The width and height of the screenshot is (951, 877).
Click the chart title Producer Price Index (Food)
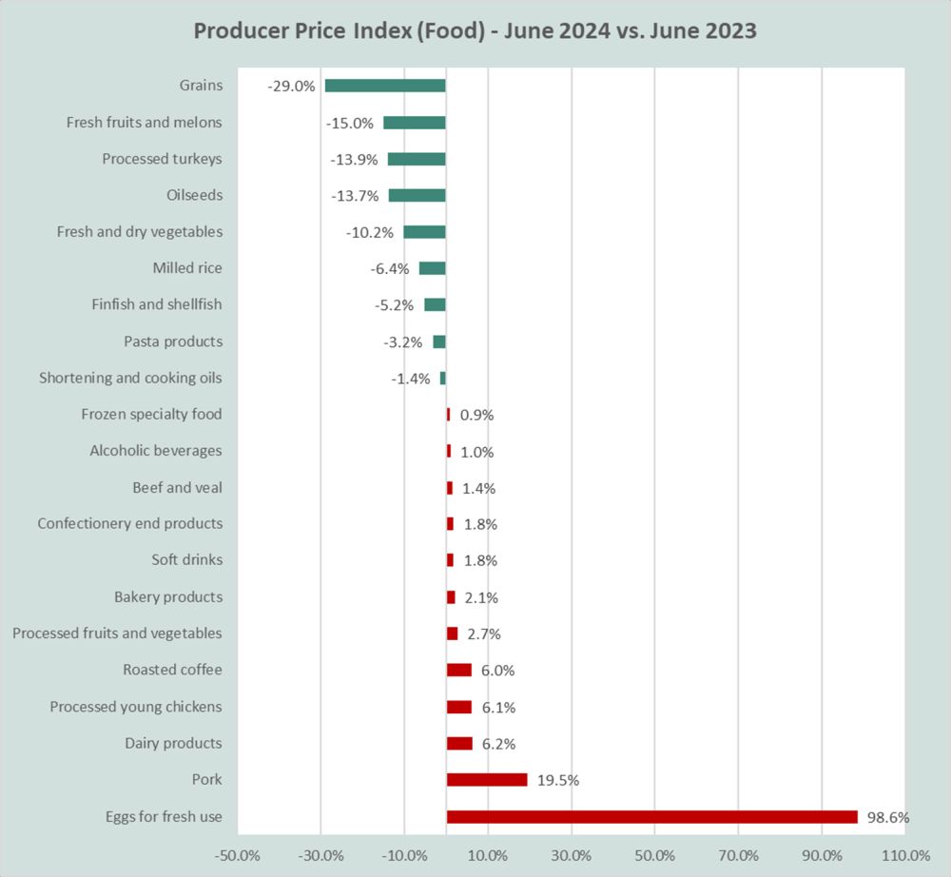475,30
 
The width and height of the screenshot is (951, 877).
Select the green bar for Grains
385,86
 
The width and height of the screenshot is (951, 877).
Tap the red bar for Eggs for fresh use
651,816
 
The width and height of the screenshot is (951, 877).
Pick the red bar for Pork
487,780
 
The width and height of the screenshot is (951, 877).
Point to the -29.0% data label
292,86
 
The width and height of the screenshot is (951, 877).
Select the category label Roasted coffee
172,670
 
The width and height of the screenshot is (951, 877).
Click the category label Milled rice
187,268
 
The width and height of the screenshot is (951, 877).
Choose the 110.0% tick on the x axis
904,853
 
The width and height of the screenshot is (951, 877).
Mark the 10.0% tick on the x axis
488,853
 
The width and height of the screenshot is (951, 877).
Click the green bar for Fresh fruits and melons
415,123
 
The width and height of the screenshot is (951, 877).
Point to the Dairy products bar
459,744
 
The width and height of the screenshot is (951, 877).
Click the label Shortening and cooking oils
130,378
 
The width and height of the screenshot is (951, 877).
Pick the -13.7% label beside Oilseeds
356,196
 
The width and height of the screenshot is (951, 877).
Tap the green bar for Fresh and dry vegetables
424,232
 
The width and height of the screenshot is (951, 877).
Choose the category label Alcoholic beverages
156,451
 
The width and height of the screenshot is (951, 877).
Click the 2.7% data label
484,634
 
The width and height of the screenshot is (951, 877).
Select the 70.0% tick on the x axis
738,853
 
